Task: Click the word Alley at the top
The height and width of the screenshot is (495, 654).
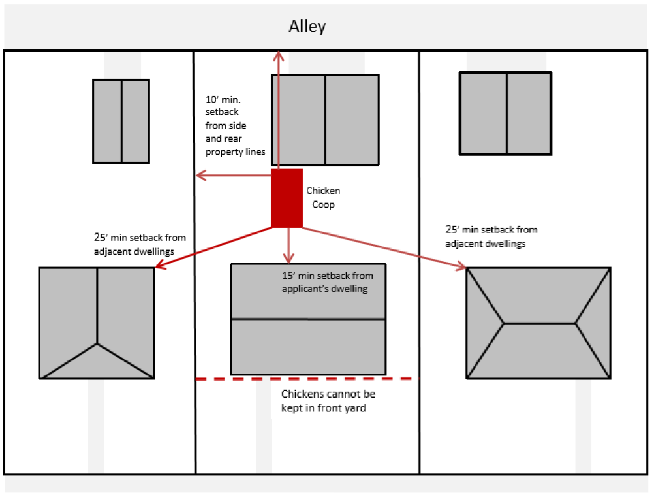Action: point(307,27)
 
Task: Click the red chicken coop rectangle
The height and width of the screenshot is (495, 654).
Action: point(287,198)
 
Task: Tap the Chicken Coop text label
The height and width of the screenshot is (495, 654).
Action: point(323,198)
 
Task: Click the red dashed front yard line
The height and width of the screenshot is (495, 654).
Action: point(304,379)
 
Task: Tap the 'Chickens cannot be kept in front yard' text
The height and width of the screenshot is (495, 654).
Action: point(328,401)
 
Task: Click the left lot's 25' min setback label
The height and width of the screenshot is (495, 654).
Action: point(140,243)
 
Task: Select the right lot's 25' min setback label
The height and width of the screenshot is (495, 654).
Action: point(491,236)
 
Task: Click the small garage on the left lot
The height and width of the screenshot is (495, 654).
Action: point(121,121)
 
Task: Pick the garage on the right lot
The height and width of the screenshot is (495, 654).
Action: point(506,113)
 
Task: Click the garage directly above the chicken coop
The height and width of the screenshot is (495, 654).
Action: point(325,120)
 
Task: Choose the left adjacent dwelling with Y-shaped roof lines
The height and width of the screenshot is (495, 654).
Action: point(97,323)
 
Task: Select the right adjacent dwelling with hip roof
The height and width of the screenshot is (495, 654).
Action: point(538,323)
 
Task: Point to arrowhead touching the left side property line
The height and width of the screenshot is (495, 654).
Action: point(201,175)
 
